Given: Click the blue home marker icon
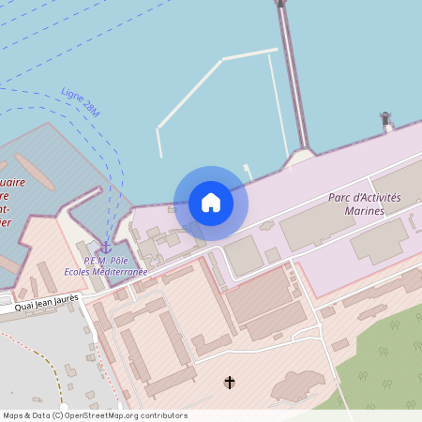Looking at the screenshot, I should pyautogui.click(x=211, y=203).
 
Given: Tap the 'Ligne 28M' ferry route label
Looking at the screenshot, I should pyautogui.click(x=79, y=103).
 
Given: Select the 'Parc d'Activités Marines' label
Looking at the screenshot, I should pyautogui.click(x=365, y=203).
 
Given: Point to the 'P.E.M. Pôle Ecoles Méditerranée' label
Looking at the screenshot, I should pyautogui.click(x=114, y=265).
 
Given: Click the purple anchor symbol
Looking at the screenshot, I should pyautogui.click(x=105, y=246).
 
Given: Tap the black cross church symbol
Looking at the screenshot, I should pyautogui.click(x=230, y=382).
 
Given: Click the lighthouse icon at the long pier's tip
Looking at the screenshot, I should pyautogui.click(x=279, y=3).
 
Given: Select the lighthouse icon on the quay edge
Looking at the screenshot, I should pyautogui.click(x=385, y=119).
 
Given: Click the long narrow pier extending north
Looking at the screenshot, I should pyautogui.click(x=292, y=75).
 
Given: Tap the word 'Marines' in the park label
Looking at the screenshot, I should pyautogui.click(x=365, y=211).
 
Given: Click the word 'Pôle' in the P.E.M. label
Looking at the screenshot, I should pyautogui.click(x=119, y=260).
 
